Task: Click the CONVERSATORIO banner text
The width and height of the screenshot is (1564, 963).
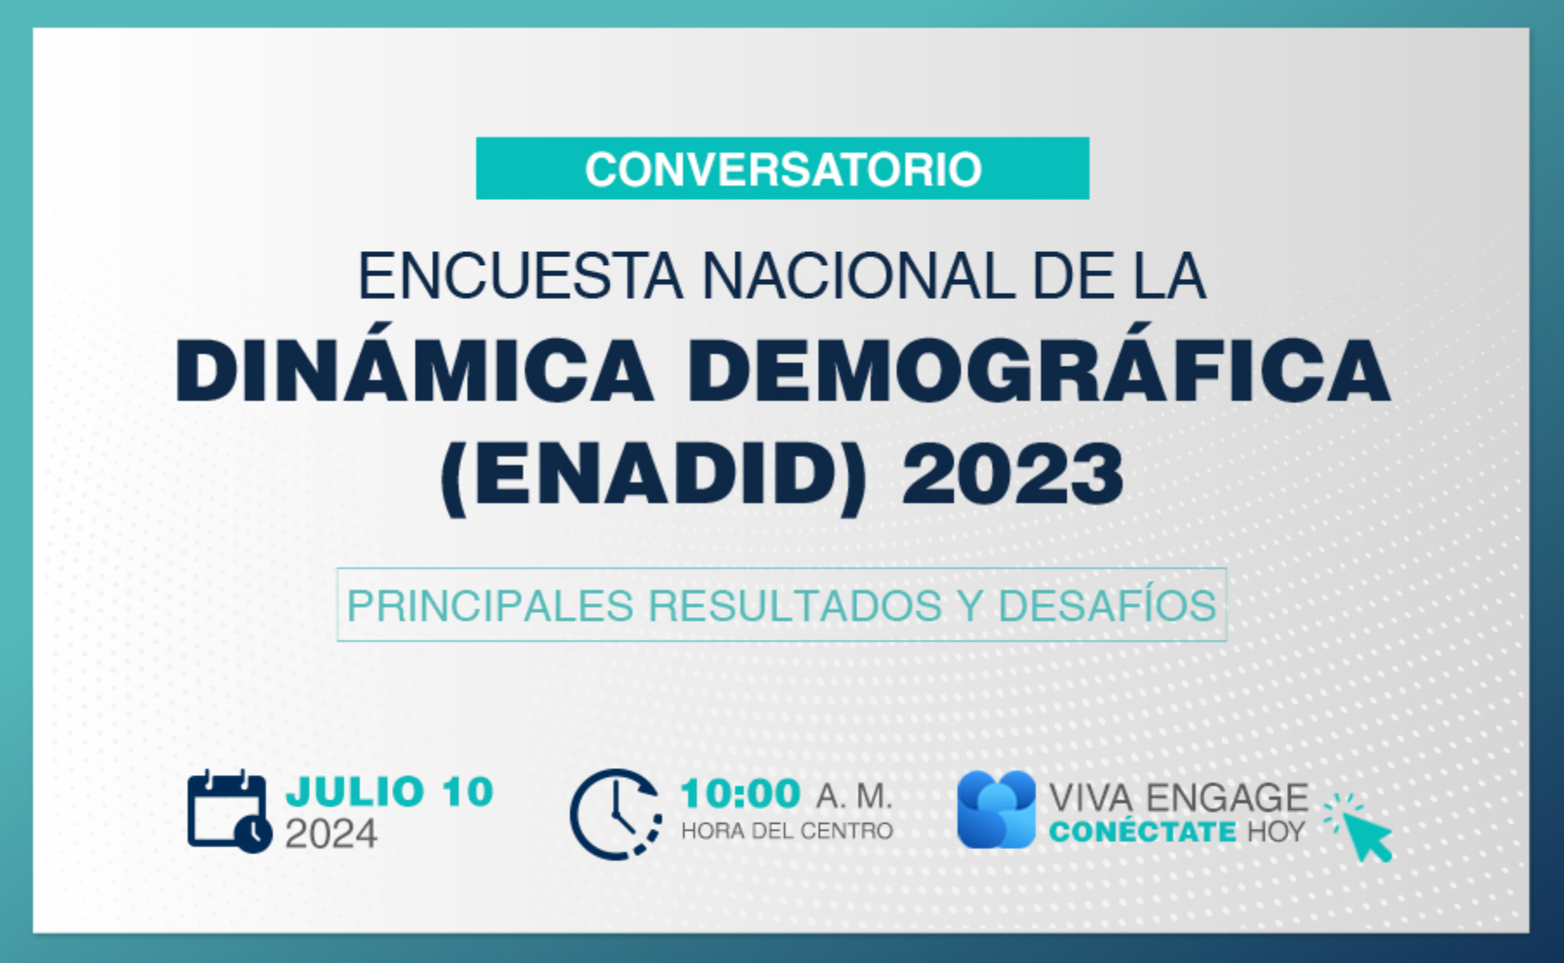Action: [783, 169]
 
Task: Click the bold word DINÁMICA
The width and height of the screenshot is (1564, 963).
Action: [414, 371]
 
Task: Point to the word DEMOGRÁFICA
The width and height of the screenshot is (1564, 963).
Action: [1038, 371]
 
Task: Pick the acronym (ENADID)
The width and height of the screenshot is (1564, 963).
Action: [654, 475]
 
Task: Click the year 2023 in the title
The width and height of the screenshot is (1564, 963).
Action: [1012, 474]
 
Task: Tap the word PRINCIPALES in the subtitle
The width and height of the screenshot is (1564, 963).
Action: [489, 606]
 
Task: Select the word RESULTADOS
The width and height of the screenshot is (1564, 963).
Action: [795, 606]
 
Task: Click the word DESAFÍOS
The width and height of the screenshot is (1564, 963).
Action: [1107, 605]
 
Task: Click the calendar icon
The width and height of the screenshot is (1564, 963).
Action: [229, 810]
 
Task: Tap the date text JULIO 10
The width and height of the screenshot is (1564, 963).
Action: [390, 792]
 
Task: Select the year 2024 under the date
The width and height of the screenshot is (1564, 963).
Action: [331, 834]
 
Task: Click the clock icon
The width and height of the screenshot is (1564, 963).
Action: [616, 814]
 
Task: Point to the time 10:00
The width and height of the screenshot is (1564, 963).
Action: [740, 794]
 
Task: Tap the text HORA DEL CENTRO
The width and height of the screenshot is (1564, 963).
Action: [786, 831]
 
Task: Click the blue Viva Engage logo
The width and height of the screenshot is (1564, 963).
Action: [997, 809]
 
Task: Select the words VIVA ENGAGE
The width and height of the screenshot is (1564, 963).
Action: [1178, 798]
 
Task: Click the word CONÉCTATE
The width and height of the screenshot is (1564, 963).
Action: [1143, 831]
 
